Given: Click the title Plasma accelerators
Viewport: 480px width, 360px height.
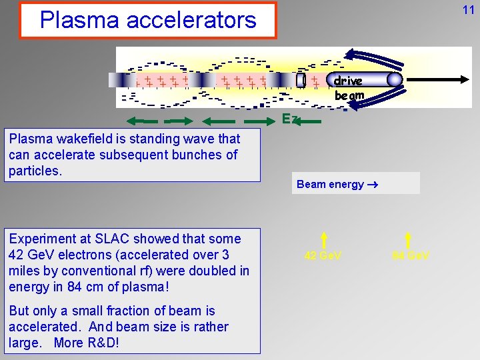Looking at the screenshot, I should pyautogui.click(x=148, y=20).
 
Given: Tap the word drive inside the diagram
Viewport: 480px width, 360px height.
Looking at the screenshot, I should pyautogui.click(x=348, y=81).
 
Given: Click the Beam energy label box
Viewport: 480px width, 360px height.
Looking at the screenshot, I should pyautogui.click(x=355, y=183).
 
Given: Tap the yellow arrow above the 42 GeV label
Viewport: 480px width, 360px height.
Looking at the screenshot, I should pyautogui.click(x=323, y=239).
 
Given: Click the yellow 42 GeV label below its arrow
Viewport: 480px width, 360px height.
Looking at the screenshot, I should pyautogui.click(x=323, y=255).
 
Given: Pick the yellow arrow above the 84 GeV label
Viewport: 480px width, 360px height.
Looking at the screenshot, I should pyautogui.click(x=408, y=239).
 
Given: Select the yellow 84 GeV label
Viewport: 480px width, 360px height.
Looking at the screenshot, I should pyautogui.click(x=411, y=255).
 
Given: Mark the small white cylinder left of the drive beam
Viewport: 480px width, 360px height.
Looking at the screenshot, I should pyautogui.click(x=301, y=80).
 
